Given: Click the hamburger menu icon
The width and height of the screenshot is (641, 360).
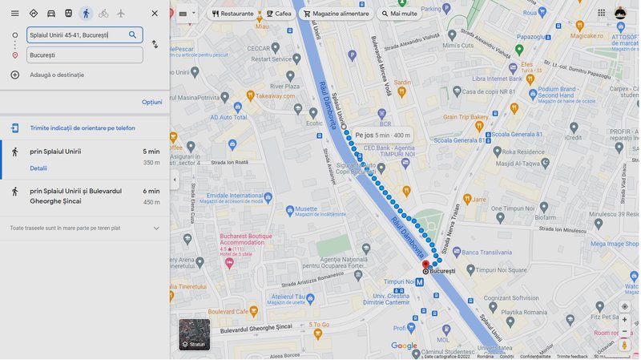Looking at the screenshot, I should point(14,13).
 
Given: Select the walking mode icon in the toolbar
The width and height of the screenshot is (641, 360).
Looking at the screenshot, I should point(86,13).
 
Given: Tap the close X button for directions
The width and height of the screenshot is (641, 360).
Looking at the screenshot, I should point(155,13).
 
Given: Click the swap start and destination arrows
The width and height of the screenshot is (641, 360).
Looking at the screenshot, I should point(155,44).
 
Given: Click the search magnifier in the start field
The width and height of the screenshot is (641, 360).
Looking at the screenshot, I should point(133,34).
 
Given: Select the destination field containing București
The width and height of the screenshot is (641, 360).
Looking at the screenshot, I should point(84,55).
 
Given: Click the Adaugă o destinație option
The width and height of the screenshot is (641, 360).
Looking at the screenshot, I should point(56,75).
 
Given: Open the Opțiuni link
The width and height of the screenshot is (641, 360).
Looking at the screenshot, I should point(151,102).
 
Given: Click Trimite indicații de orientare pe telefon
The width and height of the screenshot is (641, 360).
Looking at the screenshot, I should point(82,128).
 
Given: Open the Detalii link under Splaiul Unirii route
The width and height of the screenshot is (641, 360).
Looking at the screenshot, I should point(38,168).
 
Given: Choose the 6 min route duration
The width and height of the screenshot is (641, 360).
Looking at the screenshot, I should point(151,191).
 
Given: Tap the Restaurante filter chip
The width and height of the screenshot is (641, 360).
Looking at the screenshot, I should point(233,14).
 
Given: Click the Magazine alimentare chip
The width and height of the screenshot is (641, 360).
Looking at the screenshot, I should point(336,14).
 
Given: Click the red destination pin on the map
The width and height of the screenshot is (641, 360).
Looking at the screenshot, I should point(425,264).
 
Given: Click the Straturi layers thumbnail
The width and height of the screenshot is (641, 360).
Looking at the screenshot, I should point(194,334).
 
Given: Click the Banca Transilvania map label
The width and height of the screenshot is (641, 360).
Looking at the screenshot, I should point(485,253).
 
